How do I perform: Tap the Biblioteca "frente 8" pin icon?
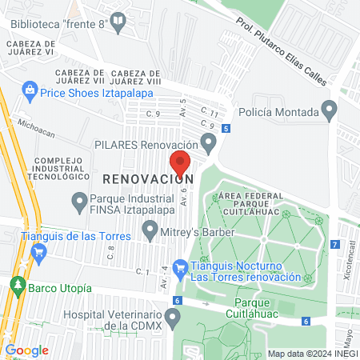click(119, 25)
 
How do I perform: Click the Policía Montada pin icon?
click(328, 108)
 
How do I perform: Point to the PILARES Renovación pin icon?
click(210, 144)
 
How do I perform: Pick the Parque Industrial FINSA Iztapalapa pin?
click(78, 202)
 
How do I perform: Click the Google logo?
click(27, 350)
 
